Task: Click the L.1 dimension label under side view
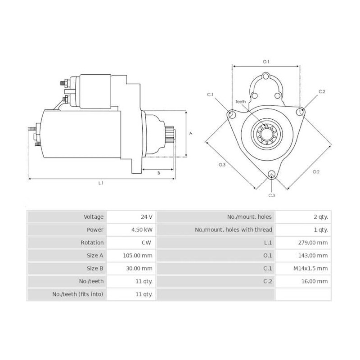coord(101,183)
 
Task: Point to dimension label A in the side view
coord(191,133)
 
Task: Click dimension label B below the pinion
coord(158,173)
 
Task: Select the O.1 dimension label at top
coord(265,62)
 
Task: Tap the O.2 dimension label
coord(315,171)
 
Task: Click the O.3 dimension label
coord(222,165)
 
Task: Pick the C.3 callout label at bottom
coord(271,195)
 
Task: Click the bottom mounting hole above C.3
coord(271,175)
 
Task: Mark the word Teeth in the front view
coord(241,102)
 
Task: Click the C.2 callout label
coord(322,91)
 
